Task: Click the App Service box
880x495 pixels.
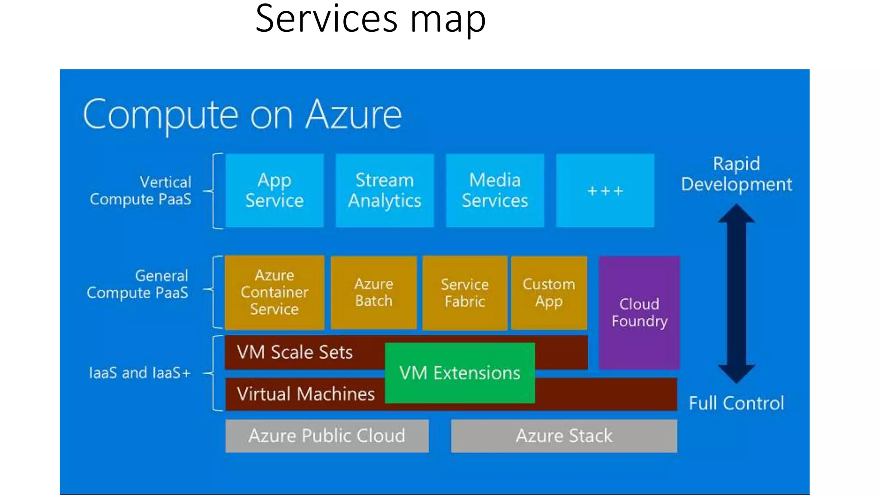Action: pos(274,190)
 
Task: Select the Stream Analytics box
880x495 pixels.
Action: pos(385,190)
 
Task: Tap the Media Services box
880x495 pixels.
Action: pos(495,190)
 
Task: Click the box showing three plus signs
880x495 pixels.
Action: pos(605,190)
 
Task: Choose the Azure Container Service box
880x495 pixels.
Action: pos(274,292)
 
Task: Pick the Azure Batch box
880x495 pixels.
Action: pos(373,292)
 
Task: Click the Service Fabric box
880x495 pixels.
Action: pos(464,292)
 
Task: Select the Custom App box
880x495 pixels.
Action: pos(549,292)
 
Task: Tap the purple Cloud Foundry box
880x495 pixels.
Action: pos(639,312)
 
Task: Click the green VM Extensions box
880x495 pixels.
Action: pos(459,373)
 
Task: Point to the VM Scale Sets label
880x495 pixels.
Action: pos(295,352)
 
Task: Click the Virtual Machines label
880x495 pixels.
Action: pos(306,394)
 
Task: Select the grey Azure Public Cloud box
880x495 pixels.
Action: pos(327,436)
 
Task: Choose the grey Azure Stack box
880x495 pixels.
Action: pos(564,436)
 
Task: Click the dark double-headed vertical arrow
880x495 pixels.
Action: pos(736,293)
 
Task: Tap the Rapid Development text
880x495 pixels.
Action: pos(736,174)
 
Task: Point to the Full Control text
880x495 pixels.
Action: pos(736,403)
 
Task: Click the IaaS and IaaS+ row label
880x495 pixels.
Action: pos(139,373)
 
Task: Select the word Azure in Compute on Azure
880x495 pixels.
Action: pos(353,115)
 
